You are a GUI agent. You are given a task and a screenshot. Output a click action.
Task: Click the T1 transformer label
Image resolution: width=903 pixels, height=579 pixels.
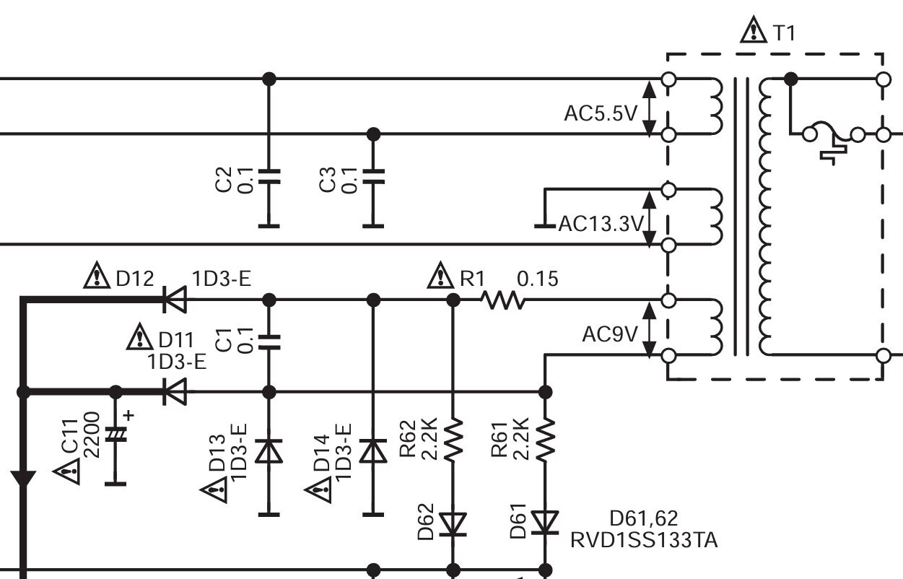784,32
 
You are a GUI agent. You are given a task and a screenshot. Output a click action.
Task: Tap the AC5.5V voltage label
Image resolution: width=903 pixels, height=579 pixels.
600,114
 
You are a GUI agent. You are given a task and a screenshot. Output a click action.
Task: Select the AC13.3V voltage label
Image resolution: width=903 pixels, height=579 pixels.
600,225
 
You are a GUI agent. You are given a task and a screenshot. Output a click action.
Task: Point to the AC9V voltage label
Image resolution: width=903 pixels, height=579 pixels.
610,335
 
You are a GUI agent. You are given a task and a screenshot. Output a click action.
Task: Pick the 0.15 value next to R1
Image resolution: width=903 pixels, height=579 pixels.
538,279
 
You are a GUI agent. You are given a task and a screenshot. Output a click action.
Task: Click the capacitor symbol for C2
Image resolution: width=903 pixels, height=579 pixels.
269,177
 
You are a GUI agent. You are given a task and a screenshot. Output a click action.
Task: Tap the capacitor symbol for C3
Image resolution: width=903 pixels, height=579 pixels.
373,177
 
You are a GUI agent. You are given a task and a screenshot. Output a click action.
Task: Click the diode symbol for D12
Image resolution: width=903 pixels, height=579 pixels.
174,300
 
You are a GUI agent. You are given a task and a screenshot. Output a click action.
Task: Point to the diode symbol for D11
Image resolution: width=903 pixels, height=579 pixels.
174,392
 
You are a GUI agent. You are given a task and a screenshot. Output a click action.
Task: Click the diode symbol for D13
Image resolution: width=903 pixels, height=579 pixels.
269,451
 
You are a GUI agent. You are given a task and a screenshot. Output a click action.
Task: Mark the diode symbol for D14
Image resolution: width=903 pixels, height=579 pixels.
373,451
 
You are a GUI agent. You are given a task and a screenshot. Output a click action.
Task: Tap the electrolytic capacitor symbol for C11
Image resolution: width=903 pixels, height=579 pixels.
115,433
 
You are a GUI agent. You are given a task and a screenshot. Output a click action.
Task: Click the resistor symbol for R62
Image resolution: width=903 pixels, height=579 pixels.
453,440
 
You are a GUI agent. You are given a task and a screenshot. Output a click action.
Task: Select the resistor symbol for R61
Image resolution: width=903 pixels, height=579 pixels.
546,440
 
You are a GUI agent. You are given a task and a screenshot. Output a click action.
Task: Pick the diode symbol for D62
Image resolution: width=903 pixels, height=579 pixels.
453,523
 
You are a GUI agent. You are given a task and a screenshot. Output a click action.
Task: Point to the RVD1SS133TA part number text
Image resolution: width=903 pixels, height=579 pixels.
644,540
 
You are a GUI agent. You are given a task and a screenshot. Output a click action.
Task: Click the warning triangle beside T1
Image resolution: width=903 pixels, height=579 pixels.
754,30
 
